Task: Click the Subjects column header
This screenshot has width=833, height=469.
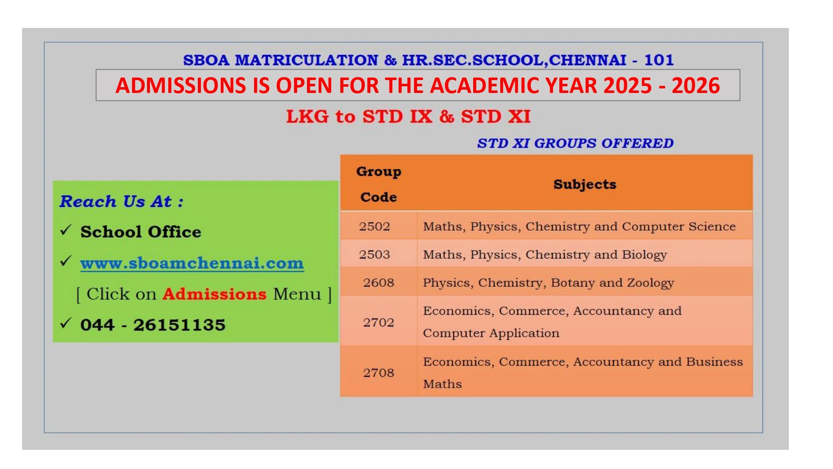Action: [x=585, y=184]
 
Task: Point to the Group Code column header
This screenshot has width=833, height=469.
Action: [x=379, y=184]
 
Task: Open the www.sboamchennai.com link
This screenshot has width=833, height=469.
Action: [x=192, y=263]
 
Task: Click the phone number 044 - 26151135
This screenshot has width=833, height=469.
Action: [x=153, y=325]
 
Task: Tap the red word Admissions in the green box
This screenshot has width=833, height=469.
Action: [x=214, y=294]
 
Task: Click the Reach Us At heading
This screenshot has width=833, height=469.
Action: [x=121, y=201]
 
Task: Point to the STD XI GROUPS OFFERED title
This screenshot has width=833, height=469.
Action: [x=575, y=143]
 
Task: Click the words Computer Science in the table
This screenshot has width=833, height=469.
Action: [x=679, y=226]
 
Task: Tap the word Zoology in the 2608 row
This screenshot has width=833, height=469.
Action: [x=651, y=283]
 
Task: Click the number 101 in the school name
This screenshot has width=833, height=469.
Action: [x=659, y=60]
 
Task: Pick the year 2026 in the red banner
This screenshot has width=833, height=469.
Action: [x=696, y=85]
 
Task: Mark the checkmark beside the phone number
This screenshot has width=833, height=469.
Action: [x=66, y=323]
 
